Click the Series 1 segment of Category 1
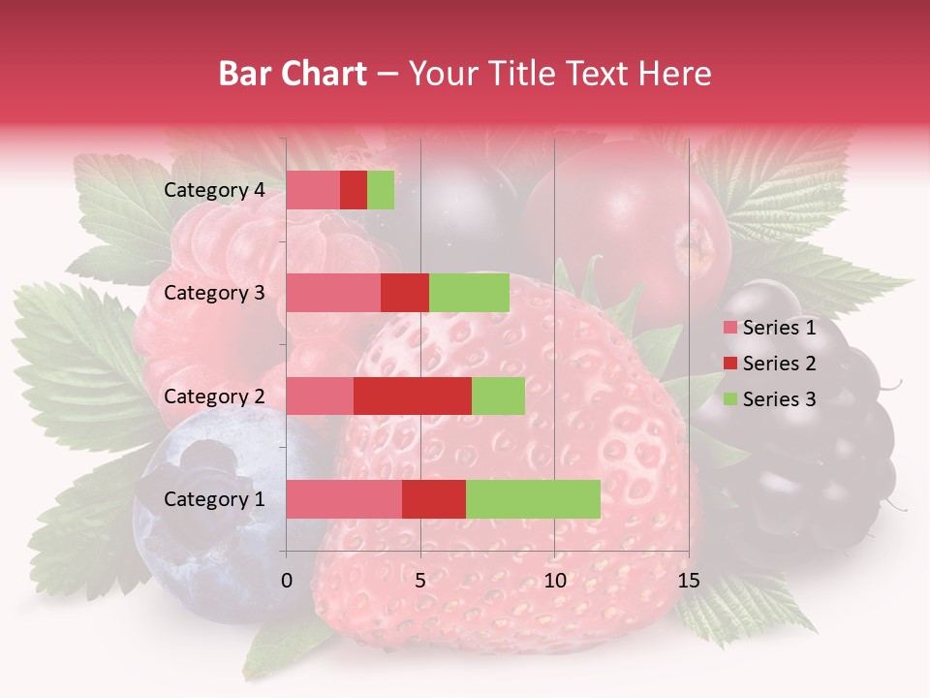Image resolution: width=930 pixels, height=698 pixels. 344,499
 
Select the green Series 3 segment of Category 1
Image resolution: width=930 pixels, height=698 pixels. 533,499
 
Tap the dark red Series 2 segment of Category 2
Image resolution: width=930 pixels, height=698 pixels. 413,397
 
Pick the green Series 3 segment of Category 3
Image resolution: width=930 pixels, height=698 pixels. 469,293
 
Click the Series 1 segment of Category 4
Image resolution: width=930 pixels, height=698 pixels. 313,190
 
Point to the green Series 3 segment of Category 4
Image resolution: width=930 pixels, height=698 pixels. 381,190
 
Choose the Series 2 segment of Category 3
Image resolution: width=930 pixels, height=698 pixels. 405,293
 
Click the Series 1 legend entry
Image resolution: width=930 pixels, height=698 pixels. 769,328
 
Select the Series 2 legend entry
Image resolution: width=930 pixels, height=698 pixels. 769,364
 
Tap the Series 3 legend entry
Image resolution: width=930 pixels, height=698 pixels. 769,399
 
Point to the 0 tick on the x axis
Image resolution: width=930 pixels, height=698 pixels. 287,581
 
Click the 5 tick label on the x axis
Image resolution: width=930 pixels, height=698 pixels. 420,581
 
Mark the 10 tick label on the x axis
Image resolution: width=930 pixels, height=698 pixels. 554,581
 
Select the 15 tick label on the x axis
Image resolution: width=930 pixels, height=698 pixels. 689,581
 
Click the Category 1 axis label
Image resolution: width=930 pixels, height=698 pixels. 214,499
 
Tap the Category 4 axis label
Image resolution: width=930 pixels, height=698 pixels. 214,190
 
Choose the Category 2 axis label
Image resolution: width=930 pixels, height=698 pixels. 214,397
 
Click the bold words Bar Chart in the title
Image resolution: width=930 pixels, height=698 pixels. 293,74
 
